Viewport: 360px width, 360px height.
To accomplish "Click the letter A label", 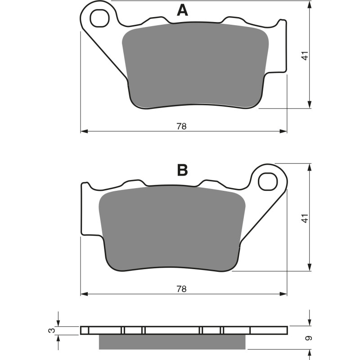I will [182, 10].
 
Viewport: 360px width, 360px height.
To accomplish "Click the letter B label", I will [182, 171].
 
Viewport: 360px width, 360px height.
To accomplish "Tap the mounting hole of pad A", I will [99, 18].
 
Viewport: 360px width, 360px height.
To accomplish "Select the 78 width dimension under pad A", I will [181, 126].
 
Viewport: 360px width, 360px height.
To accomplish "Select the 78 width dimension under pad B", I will [181, 289].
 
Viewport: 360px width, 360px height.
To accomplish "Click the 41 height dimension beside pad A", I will [305, 56].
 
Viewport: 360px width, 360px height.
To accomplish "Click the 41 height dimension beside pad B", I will [305, 218].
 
